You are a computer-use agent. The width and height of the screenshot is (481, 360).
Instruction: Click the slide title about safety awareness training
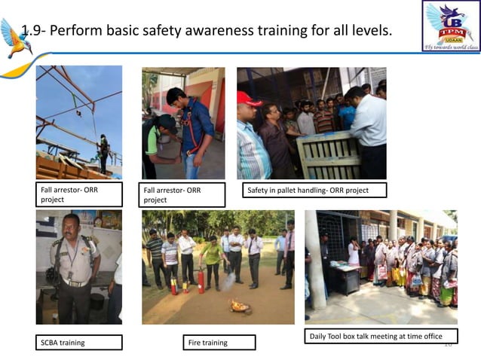click(207, 31)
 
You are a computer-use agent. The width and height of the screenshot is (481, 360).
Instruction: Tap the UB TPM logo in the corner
click(451, 26)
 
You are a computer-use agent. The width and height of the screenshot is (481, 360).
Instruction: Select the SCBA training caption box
click(78, 343)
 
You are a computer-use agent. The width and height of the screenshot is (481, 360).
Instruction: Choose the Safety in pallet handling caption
click(314, 191)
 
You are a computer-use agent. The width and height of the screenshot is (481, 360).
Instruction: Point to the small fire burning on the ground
click(240, 306)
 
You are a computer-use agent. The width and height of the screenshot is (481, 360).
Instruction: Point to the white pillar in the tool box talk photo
click(314, 259)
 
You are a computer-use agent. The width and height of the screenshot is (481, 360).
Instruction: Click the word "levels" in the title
click(367, 31)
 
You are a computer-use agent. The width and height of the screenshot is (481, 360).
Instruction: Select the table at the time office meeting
click(345, 278)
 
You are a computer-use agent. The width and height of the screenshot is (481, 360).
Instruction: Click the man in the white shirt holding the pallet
click(367, 132)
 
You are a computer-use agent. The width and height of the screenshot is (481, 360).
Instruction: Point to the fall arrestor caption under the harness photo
click(183, 195)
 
